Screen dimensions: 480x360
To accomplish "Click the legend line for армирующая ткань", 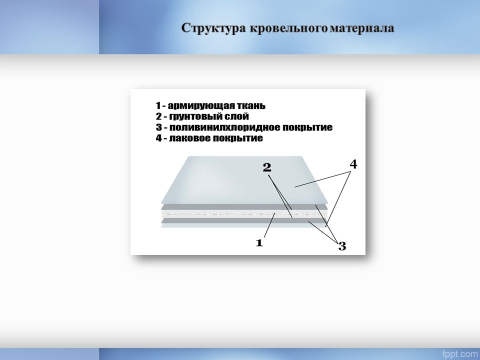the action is point(210,106).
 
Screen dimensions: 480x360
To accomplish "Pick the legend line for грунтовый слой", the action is point(202,116).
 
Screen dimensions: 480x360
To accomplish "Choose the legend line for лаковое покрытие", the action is point(209,138).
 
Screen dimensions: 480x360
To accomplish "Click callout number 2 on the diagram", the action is point(267,167).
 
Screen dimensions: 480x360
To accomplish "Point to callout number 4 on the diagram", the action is point(353,164).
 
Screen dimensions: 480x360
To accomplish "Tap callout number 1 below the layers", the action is point(259,243).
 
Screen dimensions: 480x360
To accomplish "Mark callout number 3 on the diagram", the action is point(342,246).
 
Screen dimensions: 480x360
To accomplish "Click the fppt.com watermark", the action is point(459,354).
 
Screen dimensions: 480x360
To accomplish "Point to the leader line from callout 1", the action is point(269,225).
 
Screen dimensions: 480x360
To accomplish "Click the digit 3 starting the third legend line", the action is point(158,127).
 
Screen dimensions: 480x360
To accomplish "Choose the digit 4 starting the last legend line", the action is point(158,138).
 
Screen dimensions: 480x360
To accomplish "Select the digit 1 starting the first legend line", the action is point(158,106).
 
